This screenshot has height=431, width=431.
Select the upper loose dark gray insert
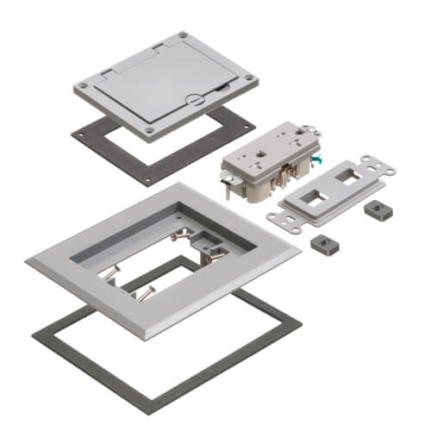373,211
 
